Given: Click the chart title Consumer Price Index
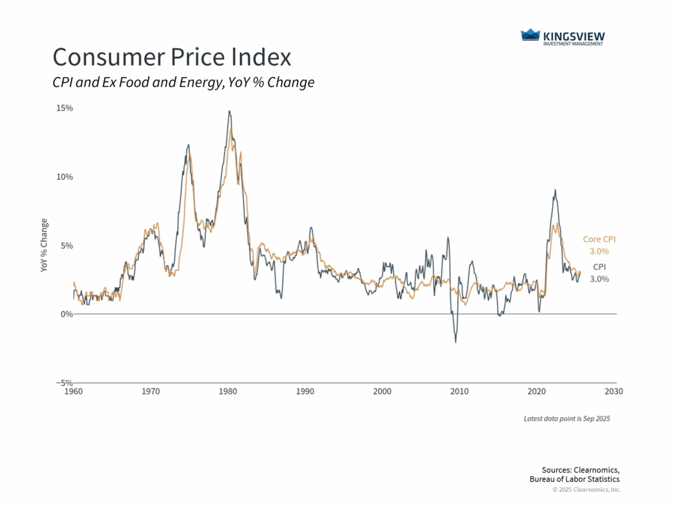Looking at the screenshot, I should pyautogui.click(x=172, y=57).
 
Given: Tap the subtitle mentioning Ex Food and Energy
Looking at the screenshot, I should pyautogui.click(x=183, y=83).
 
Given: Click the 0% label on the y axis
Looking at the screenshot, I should pyautogui.click(x=66, y=314).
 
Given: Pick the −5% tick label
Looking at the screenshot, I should pyautogui.click(x=64, y=383).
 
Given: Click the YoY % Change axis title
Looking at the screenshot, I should pyautogui.click(x=44, y=245).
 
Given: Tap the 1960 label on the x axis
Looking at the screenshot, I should pyautogui.click(x=74, y=392).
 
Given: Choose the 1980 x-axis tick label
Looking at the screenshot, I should pyautogui.click(x=228, y=392).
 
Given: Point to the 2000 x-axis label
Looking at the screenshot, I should pyautogui.click(x=383, y=392).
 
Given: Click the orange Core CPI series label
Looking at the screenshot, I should pyautogui.click(x=599, y=240).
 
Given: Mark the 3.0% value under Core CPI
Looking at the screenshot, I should pyautogui.click(x=599, y=251).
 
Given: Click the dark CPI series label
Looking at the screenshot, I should pyautogui.click(x=599, y=267).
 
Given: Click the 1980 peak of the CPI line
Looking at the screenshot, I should pyautogui.click(x=229, y=111).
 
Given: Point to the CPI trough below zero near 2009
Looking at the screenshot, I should pyautogui.click(x=455, y=342).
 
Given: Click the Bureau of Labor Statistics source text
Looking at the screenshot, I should pyautogui.click(x=574, y=479).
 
